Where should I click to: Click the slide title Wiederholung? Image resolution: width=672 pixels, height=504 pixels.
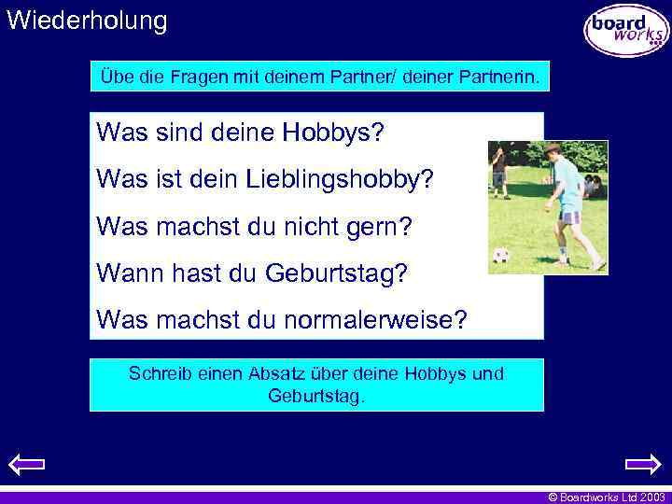[87, 21]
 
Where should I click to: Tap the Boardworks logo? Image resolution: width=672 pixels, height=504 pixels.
[626, 30]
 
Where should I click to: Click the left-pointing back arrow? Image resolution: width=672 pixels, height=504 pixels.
[26, 464]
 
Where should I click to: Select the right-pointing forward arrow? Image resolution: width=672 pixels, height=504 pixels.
[643, 464]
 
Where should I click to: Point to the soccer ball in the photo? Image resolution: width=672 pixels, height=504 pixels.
[502, 254]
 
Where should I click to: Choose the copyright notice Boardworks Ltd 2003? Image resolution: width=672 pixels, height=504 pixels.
[606, 497]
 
